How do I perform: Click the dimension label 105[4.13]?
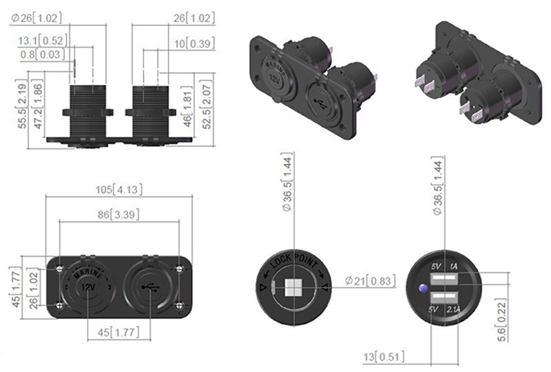(x=119, y=190)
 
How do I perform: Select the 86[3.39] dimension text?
(x=118, y=214)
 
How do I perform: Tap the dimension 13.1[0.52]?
(x=43, y=41)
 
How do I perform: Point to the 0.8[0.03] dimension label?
(x=43, y=54)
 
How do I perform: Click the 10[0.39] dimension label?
(x=194, y=43)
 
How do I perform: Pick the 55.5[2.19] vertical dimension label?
(x=22, y=104)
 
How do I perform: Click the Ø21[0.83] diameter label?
(x=370, y=280)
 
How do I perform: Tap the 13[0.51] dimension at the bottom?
(x=384, y=357)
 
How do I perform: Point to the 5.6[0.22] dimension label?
(x=501, y=320)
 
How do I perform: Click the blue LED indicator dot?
(x=423, y=289)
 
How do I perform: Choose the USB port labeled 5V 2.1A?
(x=444, y=298)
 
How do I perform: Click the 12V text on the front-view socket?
(x=88, y=287)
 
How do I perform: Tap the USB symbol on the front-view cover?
(x=150, y=288)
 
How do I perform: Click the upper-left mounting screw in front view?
(x=60, y=269)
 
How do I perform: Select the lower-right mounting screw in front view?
(x=180, y=305)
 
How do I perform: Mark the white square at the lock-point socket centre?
(x=294, y=288)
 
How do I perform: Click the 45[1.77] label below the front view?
(x=118, y=332)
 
